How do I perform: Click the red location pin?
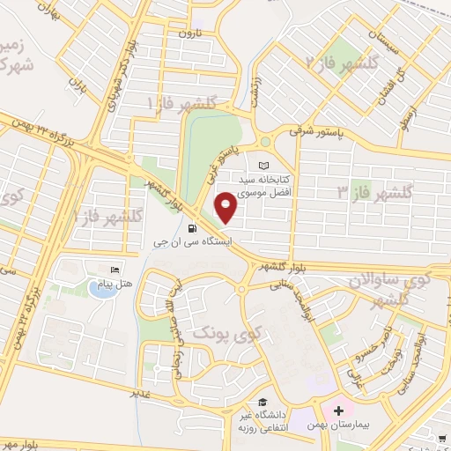click(227, 208)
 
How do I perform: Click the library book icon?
click(264, 165)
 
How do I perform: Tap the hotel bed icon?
click(115, 270)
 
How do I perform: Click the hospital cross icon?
click(339, 411)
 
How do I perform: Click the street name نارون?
click(191, 33)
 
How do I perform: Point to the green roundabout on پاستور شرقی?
click(265, 142)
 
